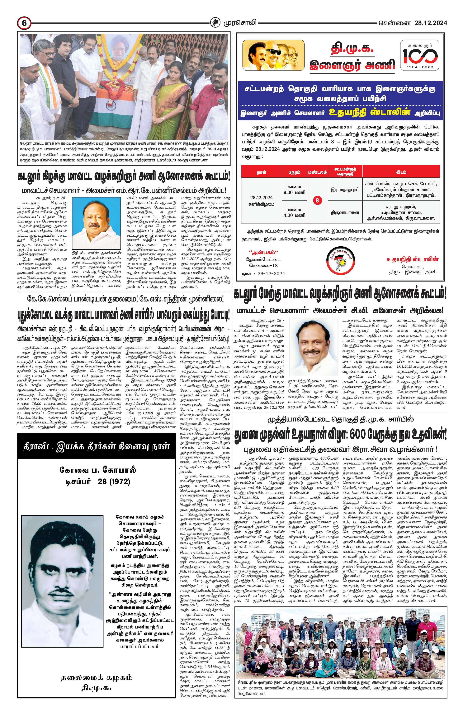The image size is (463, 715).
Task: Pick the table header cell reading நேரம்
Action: pos(294,172)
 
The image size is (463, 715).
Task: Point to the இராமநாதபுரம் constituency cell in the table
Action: pos(345,190)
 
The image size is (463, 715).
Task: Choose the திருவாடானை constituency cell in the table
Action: pos(345,212)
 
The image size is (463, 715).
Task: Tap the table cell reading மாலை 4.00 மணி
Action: pos(294,212)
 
